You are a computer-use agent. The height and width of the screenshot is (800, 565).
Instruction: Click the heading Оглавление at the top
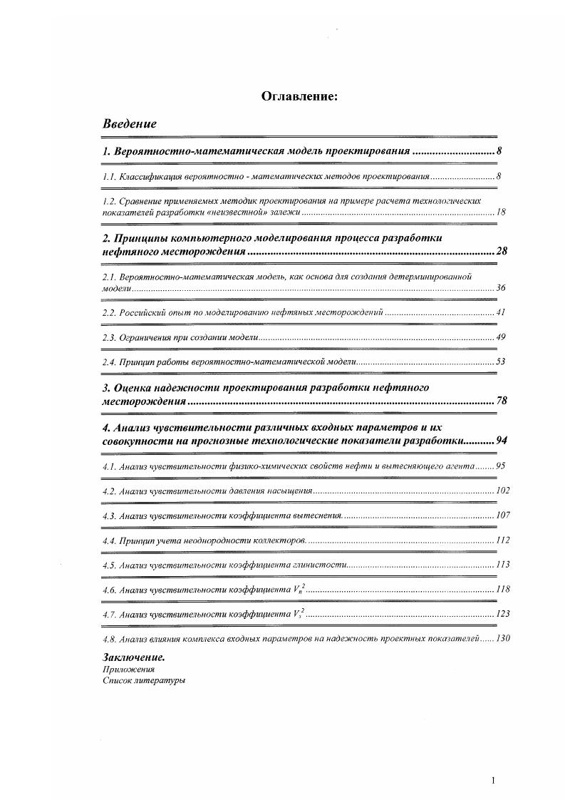point(299,96)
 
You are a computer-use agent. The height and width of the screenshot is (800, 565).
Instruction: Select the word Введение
point(130,124)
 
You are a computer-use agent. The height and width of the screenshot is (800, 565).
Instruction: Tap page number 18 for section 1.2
point(501,212)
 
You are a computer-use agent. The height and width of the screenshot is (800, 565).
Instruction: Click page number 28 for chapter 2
point(501,252)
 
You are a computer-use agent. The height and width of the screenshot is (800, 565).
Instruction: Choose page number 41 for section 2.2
point(501,312)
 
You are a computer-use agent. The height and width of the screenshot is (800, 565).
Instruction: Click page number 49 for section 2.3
point(501,337)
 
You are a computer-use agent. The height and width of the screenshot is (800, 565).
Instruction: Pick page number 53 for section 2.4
point(501,362)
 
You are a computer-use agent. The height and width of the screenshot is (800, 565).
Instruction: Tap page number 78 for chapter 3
point(501,401)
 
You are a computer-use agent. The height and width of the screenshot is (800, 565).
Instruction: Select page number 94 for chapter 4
point(501,441)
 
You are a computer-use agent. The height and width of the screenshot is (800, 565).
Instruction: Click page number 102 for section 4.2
point(502,491)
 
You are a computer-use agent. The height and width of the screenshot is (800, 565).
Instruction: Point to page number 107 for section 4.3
point(502,515)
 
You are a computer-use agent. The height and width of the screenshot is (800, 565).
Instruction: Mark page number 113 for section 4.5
point(502,565)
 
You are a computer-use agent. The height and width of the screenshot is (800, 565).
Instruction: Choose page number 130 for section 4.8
point(502,639)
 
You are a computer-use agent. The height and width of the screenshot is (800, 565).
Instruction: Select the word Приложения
point(128,670)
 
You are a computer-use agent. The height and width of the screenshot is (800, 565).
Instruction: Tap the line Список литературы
point(144,681)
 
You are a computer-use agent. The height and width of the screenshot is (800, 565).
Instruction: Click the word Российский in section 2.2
point(144,312)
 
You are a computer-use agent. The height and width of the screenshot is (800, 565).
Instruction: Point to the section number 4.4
point(110,540)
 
